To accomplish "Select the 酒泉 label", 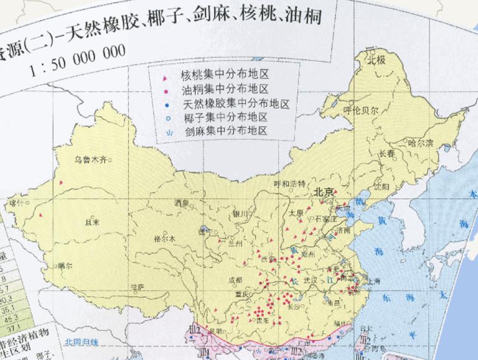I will click(x=182, y=203).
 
